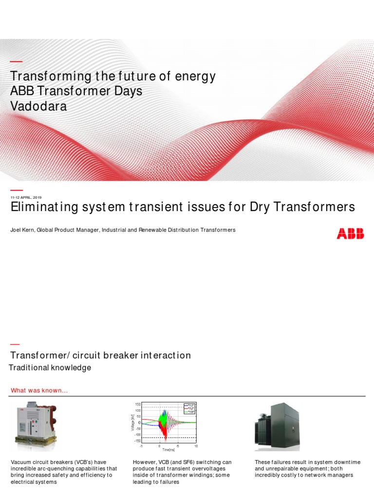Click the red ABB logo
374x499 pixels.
coord(350,234)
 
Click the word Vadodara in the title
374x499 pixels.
coord(38,106)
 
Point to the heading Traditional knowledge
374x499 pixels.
coord(50,367)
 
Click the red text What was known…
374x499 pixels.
coord(39,390)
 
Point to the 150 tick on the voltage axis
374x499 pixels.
coord(138,404)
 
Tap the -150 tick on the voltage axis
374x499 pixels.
coord(137,441)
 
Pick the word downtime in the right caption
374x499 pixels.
coord(347,462)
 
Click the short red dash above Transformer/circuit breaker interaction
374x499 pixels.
coord(16,345)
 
